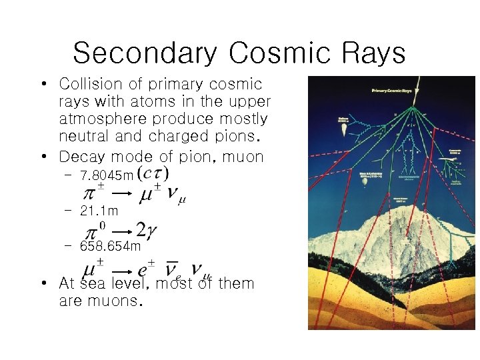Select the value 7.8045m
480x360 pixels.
coord(106,177)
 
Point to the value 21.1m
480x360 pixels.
coord(99,211)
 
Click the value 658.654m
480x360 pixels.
coord(110,246)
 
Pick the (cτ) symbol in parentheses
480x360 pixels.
coord(153,174)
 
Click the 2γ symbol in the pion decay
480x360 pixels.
coord(147,230)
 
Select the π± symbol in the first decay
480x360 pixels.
coord(93,194)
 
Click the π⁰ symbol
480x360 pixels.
coord(93,229)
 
